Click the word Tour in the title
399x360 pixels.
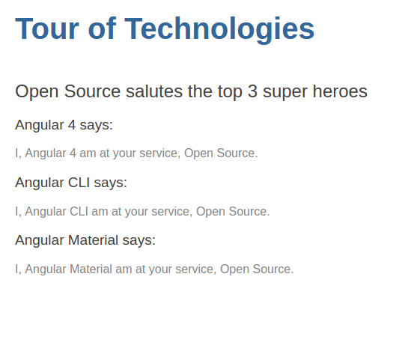click(47, 28)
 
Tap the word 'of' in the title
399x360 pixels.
click(102, 28)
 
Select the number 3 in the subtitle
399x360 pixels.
click(252, 91)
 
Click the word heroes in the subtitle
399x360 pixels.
click(340, 91)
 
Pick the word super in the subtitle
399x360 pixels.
click(285, 93)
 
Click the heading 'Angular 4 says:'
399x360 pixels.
click(64, 125)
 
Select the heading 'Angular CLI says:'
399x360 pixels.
click(71, 183)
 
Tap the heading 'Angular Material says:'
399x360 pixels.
click(85, 240)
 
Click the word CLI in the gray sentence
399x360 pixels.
click(79, 211)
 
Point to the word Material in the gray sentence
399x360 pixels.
click(91, 269)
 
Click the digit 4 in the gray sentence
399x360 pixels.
click(73, 153)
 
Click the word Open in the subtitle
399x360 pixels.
click(37, 92)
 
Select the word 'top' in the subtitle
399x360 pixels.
click(230, 93)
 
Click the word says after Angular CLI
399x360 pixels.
click(111, 183)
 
